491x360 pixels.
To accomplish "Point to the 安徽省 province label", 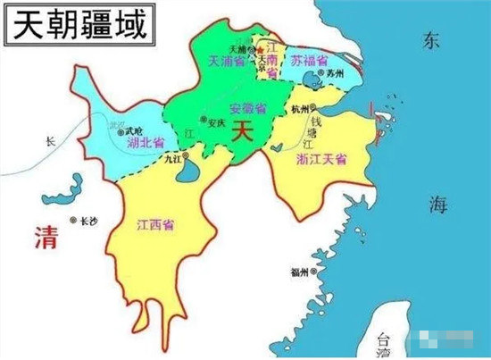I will point(247,109).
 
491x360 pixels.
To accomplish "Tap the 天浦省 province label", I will point(227,62).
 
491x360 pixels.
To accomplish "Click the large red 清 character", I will point(46,237).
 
